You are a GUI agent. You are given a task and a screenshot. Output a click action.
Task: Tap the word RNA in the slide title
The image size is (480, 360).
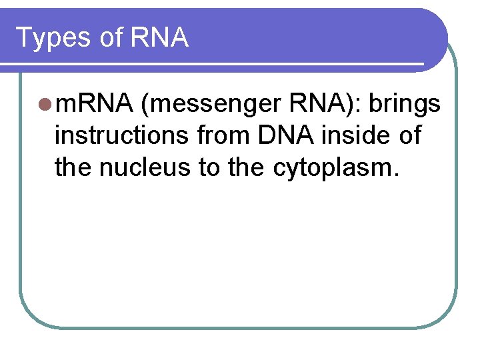[x=160, y=37]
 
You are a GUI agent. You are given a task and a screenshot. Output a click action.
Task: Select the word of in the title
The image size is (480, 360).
[x=111, y=37]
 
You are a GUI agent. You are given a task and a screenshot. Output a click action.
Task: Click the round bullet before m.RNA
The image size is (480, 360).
[x=45, y=104]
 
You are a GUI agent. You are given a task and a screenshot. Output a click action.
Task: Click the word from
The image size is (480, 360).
[x=221, y=136]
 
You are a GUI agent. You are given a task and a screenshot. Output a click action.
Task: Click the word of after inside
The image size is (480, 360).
[x=408, y=136]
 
